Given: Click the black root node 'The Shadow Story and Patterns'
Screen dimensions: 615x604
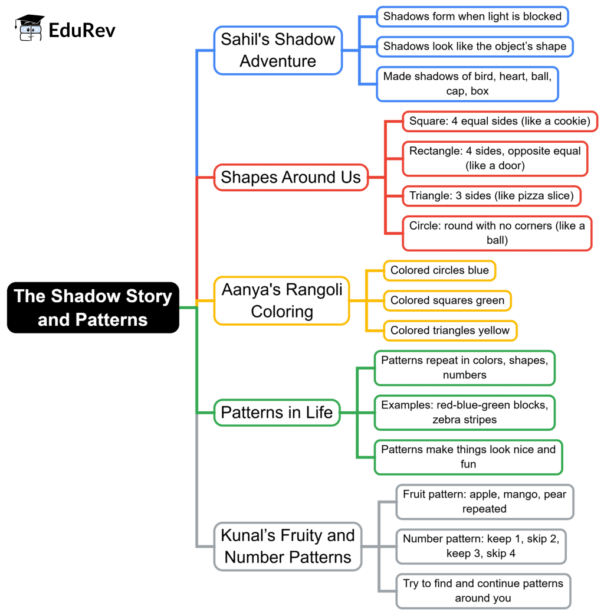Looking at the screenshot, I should coord(93,307).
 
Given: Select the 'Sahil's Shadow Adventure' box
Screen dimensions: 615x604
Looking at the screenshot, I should coord(278,50).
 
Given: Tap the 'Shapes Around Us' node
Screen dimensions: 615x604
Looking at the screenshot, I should coord(291,177).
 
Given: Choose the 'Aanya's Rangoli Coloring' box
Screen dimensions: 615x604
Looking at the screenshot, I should coord(282,301).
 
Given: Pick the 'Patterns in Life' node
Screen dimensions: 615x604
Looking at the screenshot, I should coord(277,412).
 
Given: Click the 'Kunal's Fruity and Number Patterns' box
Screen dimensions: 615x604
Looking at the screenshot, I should coord(288,546).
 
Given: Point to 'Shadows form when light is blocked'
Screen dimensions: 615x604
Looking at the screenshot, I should coord(472,17).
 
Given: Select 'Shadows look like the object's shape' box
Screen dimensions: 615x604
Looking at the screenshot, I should coord(475,46).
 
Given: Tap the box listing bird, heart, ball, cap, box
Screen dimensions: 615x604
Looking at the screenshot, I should coord(467,83).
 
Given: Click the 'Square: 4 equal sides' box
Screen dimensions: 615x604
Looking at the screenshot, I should coord(500,122).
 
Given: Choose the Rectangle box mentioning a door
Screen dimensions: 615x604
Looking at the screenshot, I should coord(495,158).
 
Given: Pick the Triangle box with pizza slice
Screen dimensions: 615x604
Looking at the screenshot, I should coord(492,196).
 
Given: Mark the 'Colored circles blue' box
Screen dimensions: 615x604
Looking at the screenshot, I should coord(439,270).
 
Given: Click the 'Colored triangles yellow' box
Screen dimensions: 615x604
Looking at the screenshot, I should coord(450,331).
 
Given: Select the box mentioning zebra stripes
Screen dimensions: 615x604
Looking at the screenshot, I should coord(464,412).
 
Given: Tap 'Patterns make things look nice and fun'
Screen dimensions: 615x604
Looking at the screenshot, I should coord(468,457).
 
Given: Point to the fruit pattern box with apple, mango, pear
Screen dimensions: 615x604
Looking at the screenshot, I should coord(484,502).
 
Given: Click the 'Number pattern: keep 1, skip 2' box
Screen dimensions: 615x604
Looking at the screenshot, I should coord(481,546).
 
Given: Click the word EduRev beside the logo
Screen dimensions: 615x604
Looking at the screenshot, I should coord(82,30).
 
